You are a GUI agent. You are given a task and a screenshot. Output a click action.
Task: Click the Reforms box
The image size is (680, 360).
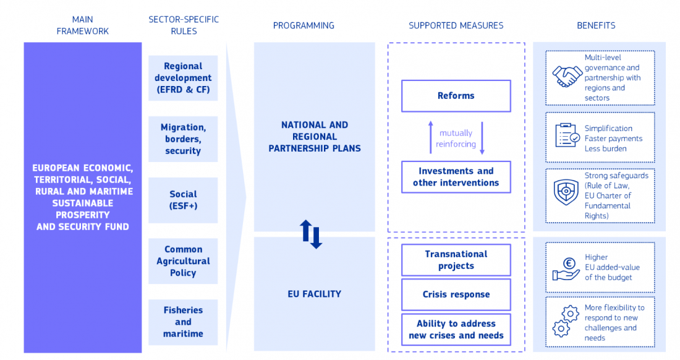456,96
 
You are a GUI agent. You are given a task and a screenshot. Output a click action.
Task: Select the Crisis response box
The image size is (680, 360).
456,294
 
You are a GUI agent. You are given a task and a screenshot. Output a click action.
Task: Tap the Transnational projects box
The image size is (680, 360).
456,260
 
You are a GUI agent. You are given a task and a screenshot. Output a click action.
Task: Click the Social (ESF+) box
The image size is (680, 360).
183,200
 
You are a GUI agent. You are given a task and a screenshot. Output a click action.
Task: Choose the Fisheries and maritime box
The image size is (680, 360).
183,322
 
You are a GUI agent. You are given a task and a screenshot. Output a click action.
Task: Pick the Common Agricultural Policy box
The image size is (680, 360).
183,261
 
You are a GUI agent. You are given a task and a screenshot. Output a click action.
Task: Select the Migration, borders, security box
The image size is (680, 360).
183,139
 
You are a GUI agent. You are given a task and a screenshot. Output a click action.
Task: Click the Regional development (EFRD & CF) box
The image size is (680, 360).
183,78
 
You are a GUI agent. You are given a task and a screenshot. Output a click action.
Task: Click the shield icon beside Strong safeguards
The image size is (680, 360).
566,192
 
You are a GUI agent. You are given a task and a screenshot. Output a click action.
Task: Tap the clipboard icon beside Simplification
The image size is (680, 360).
566,135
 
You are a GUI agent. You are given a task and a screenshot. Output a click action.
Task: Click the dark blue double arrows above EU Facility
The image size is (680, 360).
312,234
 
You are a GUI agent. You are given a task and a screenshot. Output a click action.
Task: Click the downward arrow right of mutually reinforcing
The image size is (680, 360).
482,138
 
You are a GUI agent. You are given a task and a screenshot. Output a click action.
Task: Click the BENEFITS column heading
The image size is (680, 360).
596,25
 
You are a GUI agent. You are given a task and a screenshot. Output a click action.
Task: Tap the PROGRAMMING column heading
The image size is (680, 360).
304,25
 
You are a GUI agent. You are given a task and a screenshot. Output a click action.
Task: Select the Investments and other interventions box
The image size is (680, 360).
456,177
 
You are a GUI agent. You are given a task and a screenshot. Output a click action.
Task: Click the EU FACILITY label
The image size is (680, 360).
314,294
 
